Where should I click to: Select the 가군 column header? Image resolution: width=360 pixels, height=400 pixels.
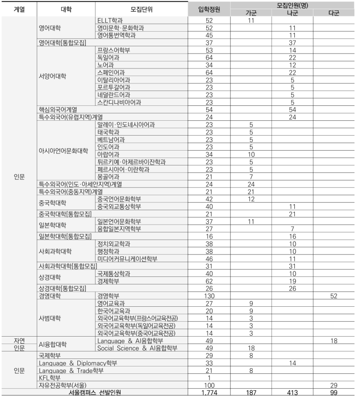point(251,13)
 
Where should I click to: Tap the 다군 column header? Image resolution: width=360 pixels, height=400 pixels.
point(333,13)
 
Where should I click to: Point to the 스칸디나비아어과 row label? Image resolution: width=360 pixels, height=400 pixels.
point(119,102)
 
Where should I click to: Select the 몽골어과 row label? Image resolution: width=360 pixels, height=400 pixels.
point(108,177)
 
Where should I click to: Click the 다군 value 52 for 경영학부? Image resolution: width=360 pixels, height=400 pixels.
point(333,296)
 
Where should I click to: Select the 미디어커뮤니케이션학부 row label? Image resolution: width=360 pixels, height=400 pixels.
point(127,258)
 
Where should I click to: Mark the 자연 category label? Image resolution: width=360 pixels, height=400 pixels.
point(19,341)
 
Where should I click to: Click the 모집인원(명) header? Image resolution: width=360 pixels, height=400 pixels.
point(292,5)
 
